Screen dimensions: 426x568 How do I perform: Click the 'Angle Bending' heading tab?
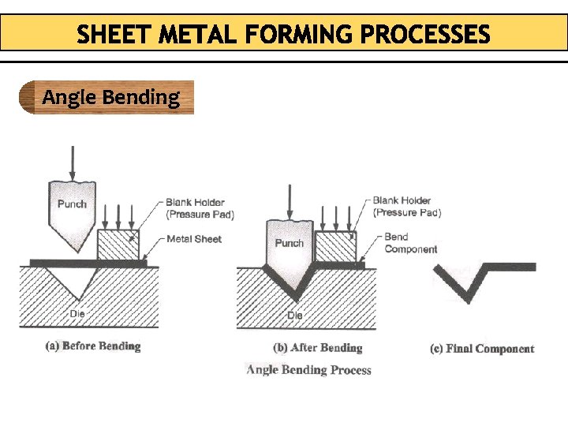click(x=110, y=98)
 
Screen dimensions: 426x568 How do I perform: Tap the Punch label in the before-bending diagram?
click(x=72, y=204)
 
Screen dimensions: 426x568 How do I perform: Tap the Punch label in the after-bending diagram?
click(x=289, y=243)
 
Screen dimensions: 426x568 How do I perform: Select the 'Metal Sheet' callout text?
click(x=193, y=239)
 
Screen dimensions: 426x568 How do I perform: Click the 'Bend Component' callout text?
click(x=410, y=243)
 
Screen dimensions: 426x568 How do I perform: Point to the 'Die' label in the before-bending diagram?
click(x=77, y=313)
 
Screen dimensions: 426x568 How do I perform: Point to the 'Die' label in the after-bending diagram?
click(x=294, y=316)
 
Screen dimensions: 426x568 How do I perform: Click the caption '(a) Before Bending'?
click(x=93, y=346)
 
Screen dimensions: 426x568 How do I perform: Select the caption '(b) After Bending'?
click(x=318, y=348)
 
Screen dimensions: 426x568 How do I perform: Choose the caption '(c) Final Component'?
click(x=482, y=349)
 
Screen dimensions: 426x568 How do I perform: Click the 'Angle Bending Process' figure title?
click(x=308, y=369)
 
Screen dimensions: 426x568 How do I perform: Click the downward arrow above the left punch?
click(x=73, y=162)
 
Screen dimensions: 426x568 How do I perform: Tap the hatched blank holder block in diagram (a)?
click(x=118, y=244)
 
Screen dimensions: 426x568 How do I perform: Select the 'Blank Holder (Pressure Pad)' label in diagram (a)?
click(x=200, y=208)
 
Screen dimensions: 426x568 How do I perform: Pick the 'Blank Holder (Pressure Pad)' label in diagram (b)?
click(x=406, y=207)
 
